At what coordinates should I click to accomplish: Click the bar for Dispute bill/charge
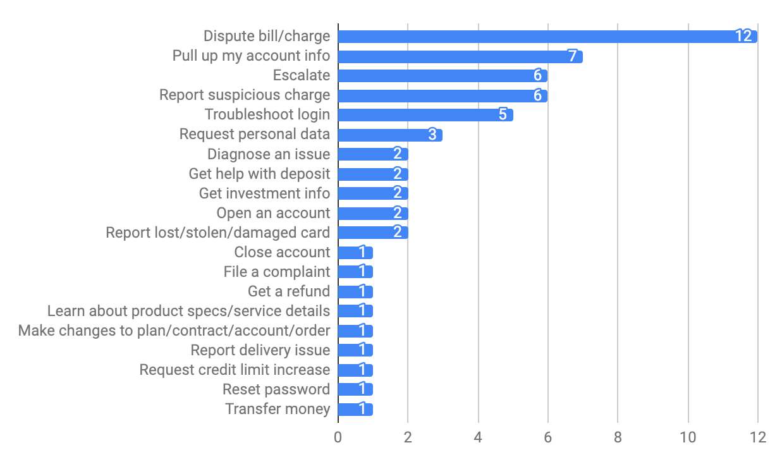(547, 36)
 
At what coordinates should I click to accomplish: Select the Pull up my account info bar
(460, 56)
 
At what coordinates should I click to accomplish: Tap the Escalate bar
(443, 76)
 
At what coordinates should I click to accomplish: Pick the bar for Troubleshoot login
(425, 115)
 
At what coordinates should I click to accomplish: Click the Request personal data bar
(390, 135)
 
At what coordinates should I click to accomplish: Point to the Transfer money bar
(355, 409)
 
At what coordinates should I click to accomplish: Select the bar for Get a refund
(355, 291)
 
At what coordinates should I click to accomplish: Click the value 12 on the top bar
(743, 36)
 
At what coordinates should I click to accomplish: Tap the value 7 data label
(572, 56)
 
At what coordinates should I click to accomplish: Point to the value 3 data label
(432, 135)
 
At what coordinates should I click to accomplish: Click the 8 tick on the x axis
(618, 437)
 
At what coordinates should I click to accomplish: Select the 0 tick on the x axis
(338, 437)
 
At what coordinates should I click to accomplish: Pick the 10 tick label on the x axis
(687, 437)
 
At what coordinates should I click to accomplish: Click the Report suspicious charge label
(245, 95)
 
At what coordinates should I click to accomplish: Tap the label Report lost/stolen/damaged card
(218, 233)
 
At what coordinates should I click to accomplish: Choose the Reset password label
(276, 389)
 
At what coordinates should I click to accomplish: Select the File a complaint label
(277, 272)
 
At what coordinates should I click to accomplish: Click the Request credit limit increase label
(235, 370)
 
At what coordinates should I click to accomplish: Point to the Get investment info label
(264, 193)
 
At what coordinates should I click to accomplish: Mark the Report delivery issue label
(260, 350)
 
